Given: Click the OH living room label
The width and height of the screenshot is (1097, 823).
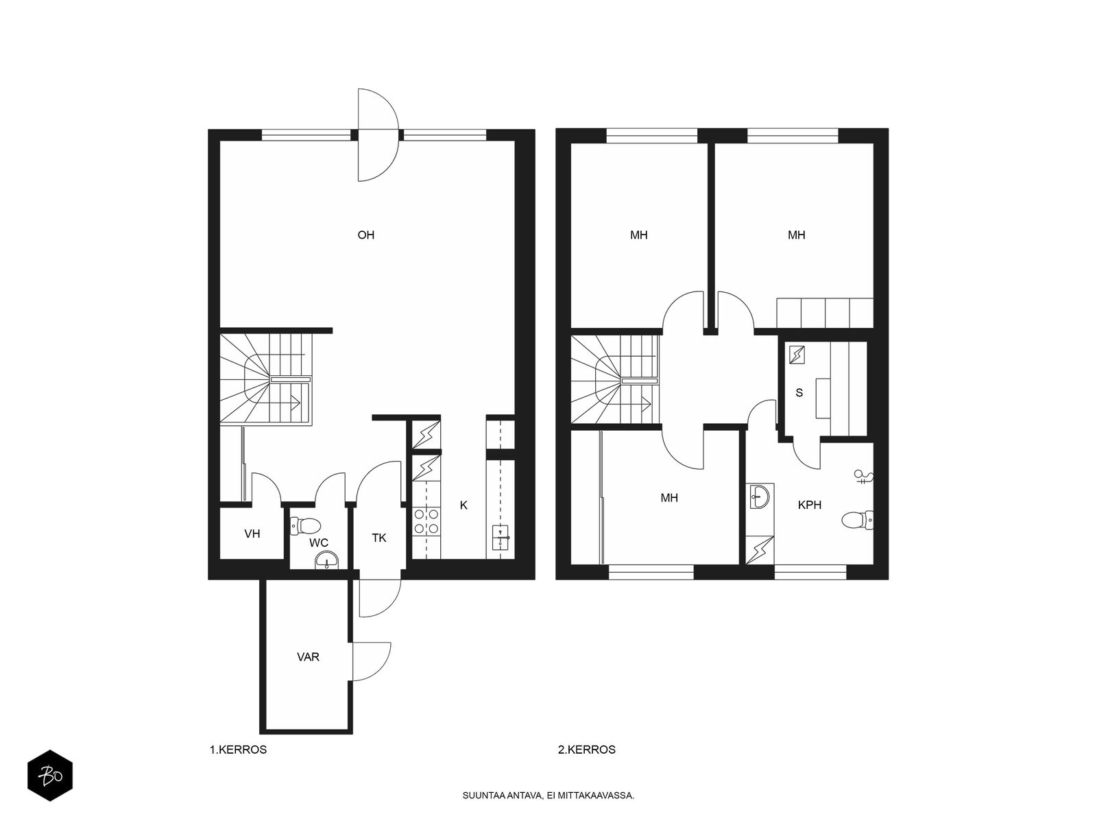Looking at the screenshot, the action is (366, 235).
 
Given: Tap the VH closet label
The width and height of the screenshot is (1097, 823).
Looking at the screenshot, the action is (252, 534).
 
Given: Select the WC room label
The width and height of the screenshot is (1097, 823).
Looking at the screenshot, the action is (319, 542).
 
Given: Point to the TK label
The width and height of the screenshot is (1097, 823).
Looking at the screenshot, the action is (379, 538).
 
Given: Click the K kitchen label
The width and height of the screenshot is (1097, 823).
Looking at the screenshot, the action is (463, 505).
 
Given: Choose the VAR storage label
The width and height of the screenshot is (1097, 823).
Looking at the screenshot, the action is (308, 656).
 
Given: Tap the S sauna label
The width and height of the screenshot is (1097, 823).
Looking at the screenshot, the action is (799, 393).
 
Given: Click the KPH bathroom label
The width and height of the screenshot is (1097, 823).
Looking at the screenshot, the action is (810, 505).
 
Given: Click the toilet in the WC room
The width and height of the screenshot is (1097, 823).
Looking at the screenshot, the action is (305, 525).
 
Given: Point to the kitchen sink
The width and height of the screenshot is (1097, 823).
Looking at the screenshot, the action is (501, 538).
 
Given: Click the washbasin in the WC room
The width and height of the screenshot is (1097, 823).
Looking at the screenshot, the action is (327, 560).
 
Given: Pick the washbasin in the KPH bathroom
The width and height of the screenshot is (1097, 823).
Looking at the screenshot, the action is (760, 497).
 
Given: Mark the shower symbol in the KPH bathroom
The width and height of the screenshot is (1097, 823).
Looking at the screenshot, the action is (863, 477).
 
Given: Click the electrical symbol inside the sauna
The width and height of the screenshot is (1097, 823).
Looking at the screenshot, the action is (797, 355).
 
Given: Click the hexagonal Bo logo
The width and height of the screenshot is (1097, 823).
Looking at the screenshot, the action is (50, 776).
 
